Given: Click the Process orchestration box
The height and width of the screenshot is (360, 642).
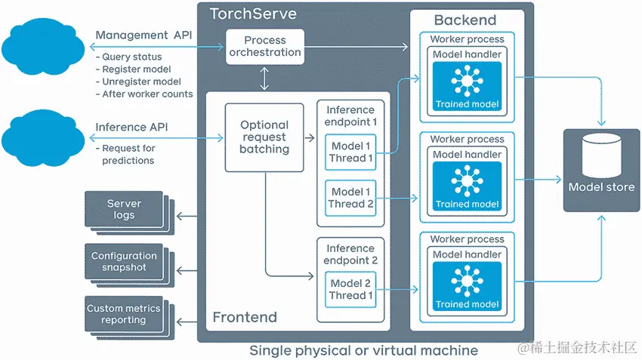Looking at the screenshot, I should tap(264, 47).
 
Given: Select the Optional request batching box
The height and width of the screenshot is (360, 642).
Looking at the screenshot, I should tap(264, 137).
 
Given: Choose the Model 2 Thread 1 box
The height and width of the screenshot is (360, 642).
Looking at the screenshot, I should tap(350, 289).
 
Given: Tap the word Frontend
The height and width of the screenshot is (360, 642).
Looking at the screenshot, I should tap(245, 317).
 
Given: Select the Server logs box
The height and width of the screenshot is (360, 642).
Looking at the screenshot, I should tap(124, 209).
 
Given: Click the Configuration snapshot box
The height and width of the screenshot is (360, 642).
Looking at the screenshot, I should tap(124, 261).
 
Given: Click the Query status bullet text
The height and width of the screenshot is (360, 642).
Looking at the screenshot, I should tap(131, 57).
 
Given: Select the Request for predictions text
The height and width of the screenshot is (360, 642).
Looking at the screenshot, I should tap(128, 155).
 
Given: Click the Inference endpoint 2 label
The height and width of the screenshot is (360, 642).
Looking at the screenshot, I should tap(350, 254).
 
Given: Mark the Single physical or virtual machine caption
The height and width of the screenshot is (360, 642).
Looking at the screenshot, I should tap(363, 350).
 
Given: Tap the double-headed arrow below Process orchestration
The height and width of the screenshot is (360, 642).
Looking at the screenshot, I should tap(264, 78).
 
